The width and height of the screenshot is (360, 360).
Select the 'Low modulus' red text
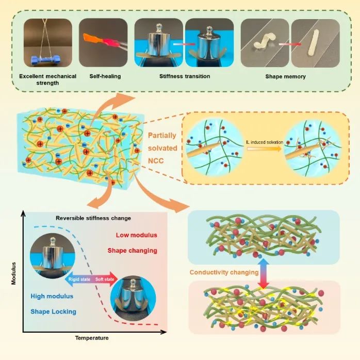pos(126,235)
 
